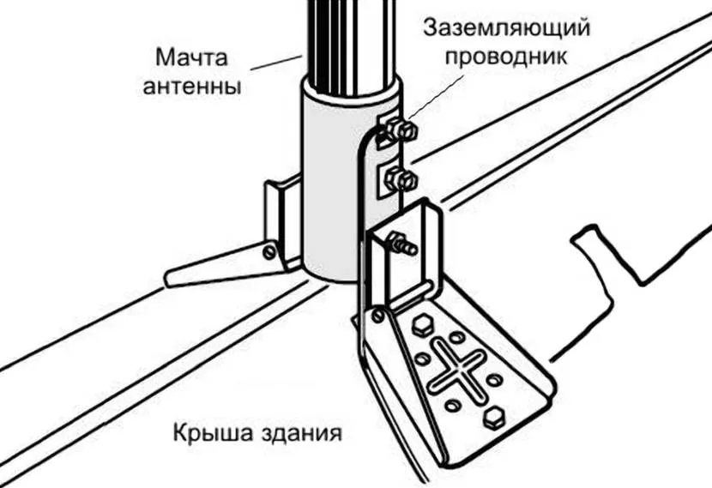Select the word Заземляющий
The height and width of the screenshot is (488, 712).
(506, 27)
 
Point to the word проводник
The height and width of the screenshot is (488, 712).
(506, 57)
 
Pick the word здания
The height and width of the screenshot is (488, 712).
(296, 431)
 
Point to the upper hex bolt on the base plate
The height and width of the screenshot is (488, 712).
(421, 324)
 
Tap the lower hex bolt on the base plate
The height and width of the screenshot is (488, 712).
(492, 419)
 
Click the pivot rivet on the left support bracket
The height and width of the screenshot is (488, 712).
(269, 250)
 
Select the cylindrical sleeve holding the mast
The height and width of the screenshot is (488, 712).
(339, 189)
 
